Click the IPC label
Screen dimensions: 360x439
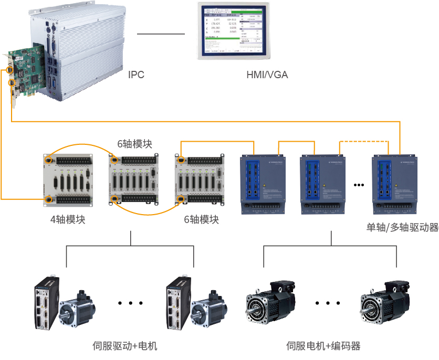[x=136, y=75]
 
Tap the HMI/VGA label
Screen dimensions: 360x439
[x=267, y=75]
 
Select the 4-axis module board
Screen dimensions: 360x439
[x=68, y=179]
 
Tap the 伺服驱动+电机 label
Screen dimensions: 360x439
[x=124, y=346]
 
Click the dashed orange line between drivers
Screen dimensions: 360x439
[x=364, y=141]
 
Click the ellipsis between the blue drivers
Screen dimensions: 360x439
[x=359, y=185]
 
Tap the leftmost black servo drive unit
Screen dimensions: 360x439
[x=47, y=304]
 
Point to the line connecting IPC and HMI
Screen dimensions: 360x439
[x=161, y=34]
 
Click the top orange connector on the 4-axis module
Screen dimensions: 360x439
[x=48, y=160]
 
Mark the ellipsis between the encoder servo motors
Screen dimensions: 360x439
[x=329, y=303]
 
